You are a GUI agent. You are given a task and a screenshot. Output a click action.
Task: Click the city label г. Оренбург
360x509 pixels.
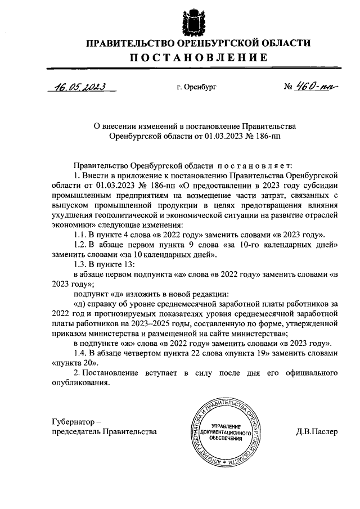196,88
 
